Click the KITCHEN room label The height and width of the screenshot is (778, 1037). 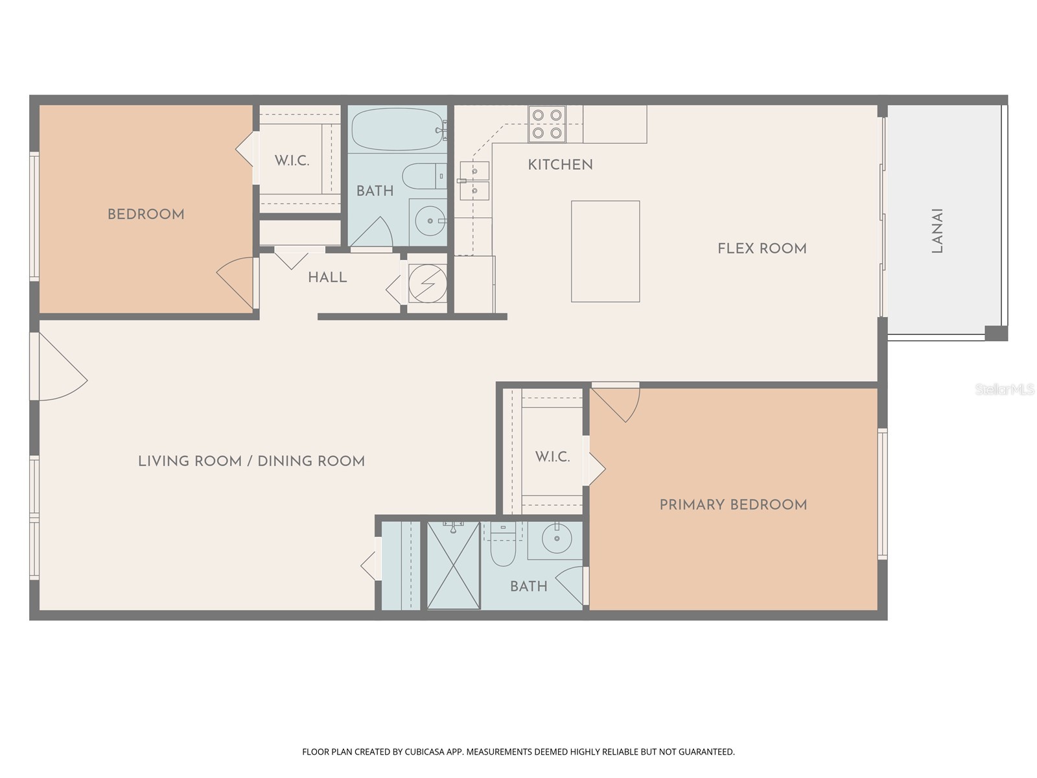pos(560,165)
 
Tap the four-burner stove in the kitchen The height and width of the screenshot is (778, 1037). pos(546,124)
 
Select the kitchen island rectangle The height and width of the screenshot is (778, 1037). pos(605,252)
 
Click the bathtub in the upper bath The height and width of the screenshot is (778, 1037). pos(397,129)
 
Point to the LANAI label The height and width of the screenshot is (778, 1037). pos(937,231)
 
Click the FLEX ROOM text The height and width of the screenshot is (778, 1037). pos(762,248)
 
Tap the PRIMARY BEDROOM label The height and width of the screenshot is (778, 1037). pos(733,504)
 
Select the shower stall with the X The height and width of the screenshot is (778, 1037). pos(454,565)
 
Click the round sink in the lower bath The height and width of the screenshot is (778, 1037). pos(556,537)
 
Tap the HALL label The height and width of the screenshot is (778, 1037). pos(327,277)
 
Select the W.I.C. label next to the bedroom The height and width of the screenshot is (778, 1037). pos(292,161)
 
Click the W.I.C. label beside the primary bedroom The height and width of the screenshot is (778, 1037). pos(552,456)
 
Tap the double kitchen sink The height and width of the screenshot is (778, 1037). pos(474,181)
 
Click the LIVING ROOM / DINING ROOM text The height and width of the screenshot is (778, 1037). pos(251,461)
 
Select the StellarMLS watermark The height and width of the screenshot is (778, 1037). pos(1004,389)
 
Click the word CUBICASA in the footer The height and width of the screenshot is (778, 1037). pos(423,752)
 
